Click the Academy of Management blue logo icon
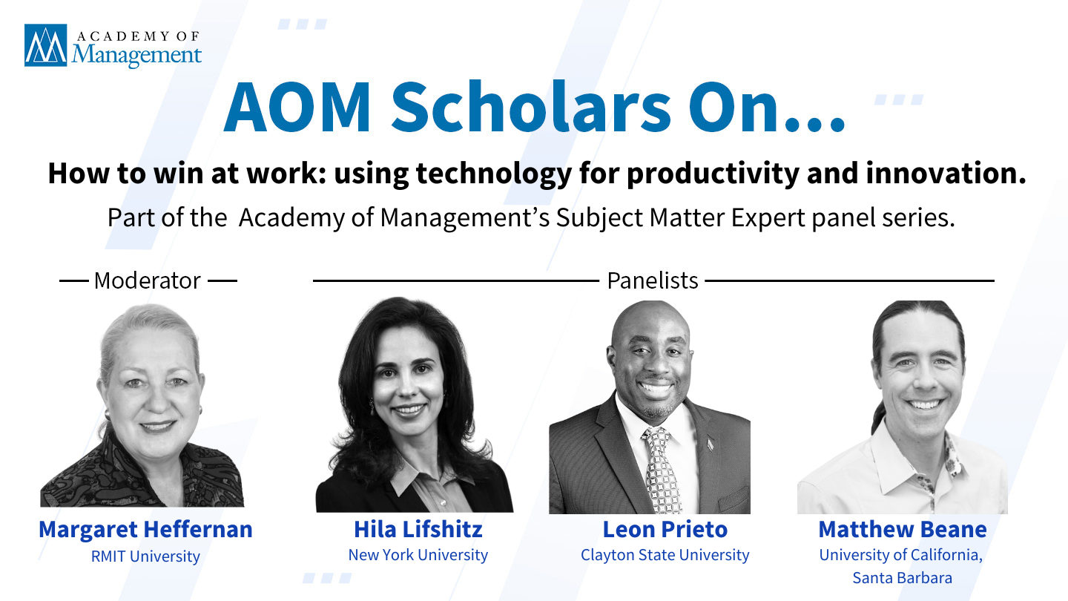coord(46,45)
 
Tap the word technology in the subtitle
coord(494,174)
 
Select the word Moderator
coord(148,280)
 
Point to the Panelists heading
coord(652,280)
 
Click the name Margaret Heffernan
coord(145,530)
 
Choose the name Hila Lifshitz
coord(418,530)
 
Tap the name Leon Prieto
coord(665,530)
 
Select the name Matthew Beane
coord(903,530)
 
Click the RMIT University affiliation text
coord(145,556)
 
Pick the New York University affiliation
coord(418,555)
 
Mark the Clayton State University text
coord(665,555)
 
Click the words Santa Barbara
coord(902,578)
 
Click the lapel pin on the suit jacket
coord(711,445)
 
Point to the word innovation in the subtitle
coord(946,173)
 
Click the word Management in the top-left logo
coord(136,56)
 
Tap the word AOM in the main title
coord(297,107)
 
